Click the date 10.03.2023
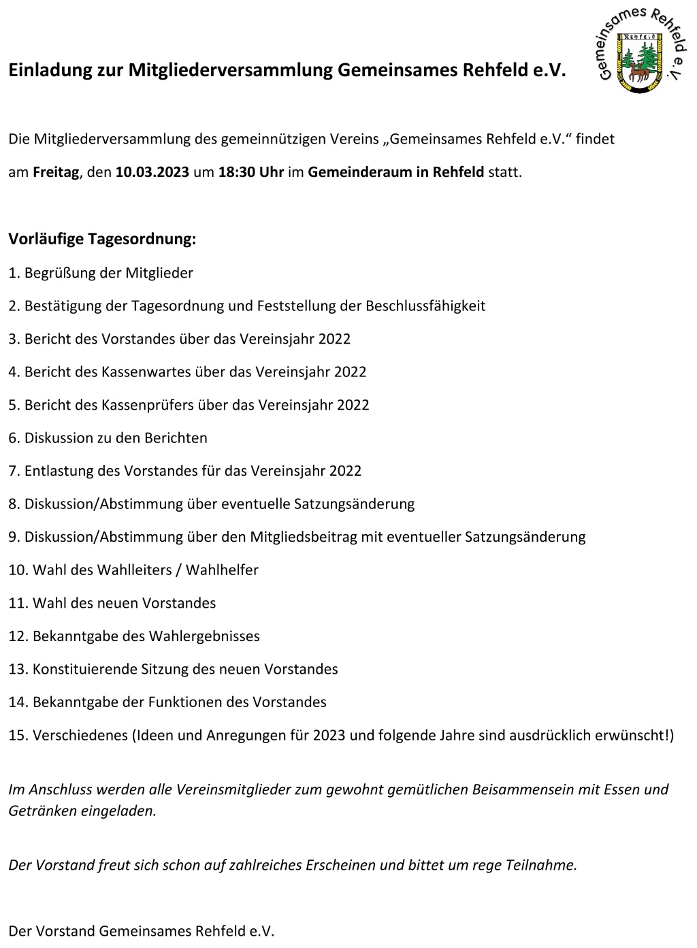[152, 172]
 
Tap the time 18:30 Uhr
[250, 172]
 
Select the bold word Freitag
[56, 172]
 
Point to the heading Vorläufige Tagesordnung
[102, 240]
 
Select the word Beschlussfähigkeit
[425, 306]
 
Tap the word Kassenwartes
[142, 372]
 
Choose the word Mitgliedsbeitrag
[304, 537]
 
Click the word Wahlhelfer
[222, 570]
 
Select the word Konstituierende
[84, 670]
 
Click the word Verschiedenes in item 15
[80, 736]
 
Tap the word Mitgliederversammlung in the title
[230, 71]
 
